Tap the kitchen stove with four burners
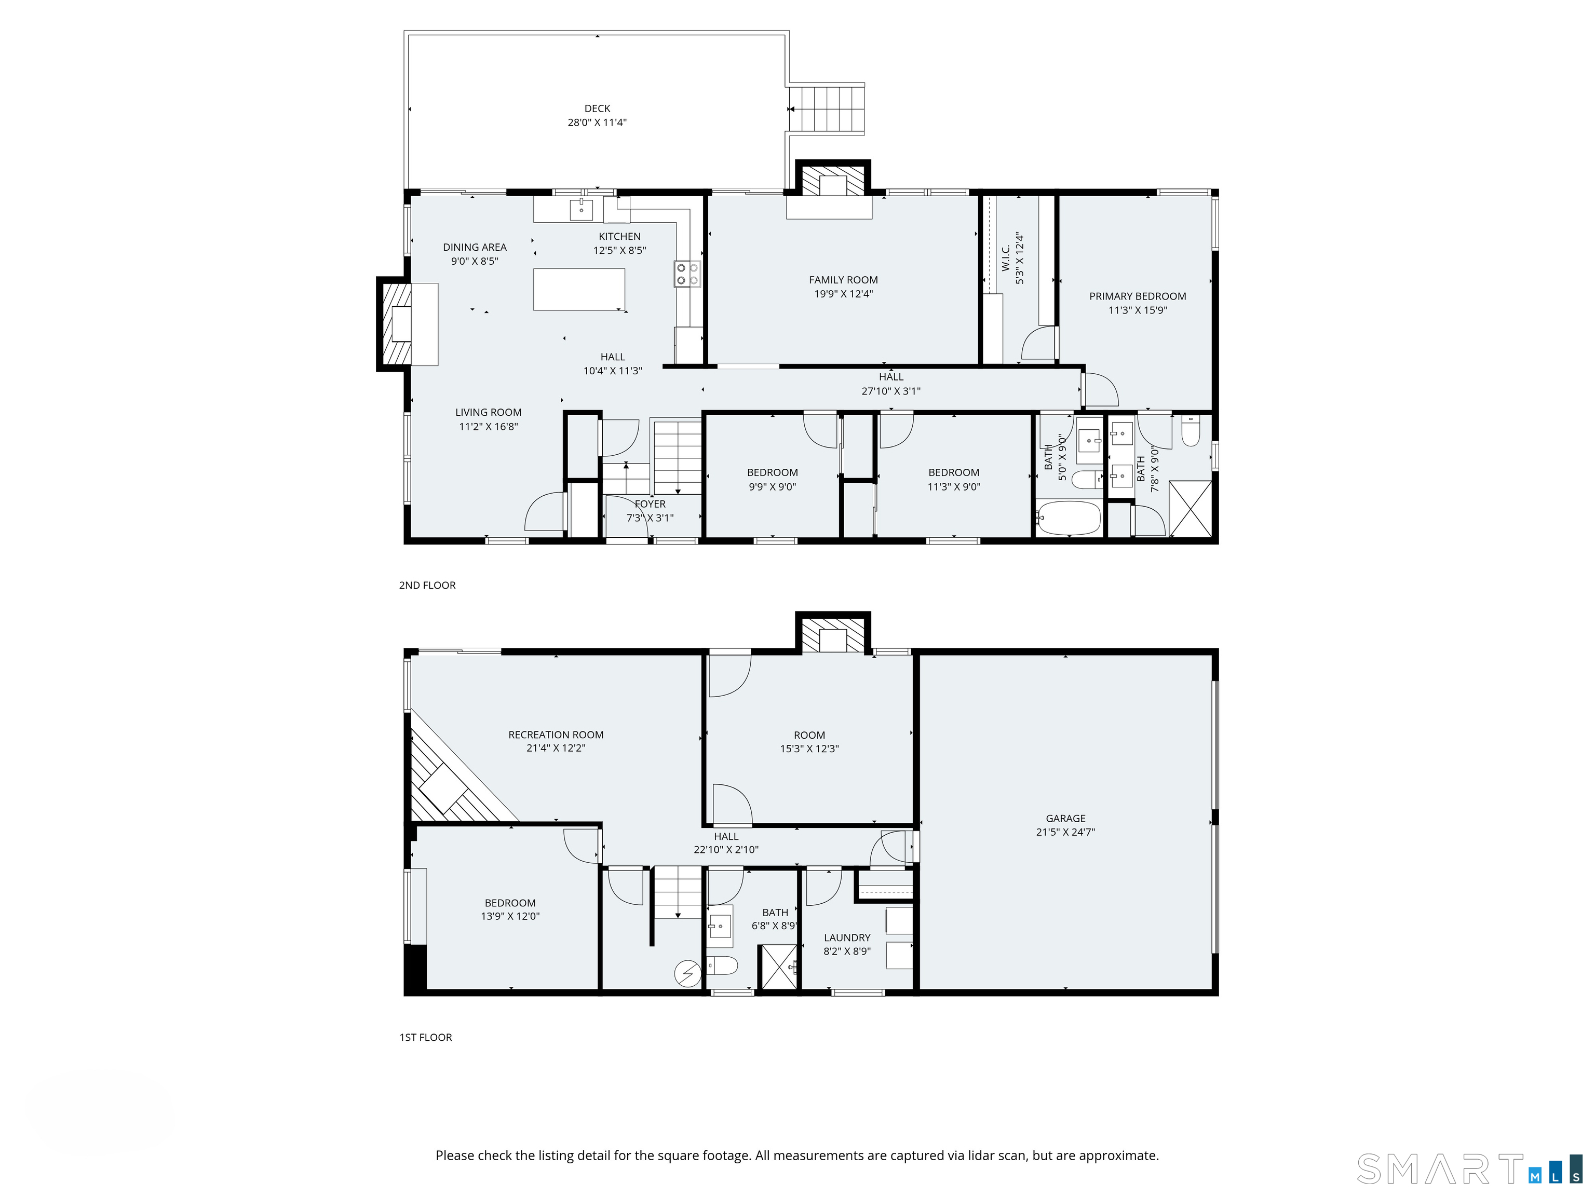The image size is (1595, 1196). pos(686,274)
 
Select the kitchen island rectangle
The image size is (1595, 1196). pos(579,289)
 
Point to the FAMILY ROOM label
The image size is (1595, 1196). pos(843,280)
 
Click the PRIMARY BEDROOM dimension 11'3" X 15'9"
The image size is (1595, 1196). pos(1137,310)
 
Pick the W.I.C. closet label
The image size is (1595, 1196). pos(1006,257)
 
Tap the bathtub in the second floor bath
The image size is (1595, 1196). pos(1069,518)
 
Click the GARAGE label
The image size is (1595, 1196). pos(1065,818)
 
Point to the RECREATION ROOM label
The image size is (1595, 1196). pos(555,735)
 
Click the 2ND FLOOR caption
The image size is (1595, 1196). pos(427,586)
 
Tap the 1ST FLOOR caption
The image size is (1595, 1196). pos(425,1037)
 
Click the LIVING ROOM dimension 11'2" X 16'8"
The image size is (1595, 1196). pos(488,426)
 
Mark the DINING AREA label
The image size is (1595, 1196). pos(475,247)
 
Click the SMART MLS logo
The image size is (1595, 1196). pos(1469,1170)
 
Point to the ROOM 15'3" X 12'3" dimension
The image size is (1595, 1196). pos(809,749)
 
